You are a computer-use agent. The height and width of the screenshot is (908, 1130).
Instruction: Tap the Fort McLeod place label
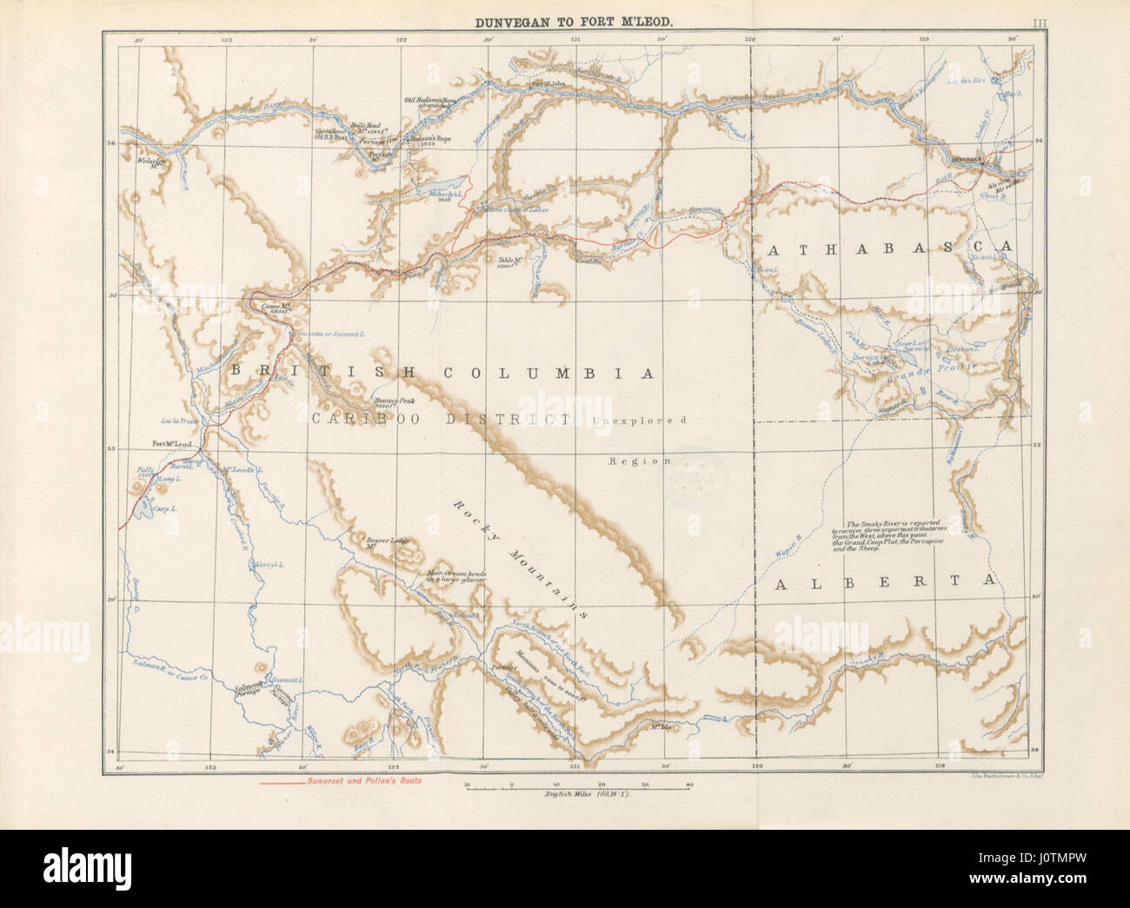pos(171,444)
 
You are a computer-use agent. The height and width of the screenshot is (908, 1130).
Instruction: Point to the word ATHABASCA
pos(890,248)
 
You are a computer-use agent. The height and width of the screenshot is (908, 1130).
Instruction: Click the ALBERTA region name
pos(883,582)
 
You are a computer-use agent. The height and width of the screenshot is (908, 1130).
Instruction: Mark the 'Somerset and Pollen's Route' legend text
pos(363,782)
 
